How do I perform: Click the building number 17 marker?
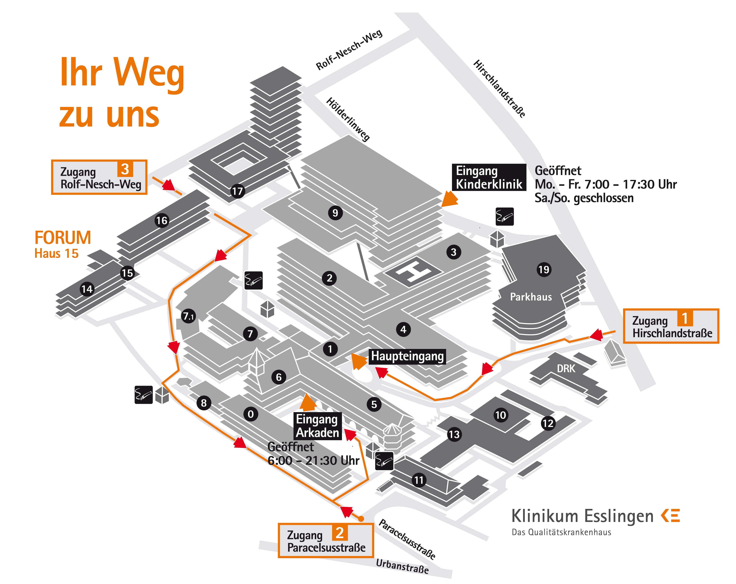237,191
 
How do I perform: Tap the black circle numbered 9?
335,213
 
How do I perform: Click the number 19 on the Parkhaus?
544,270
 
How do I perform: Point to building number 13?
454,434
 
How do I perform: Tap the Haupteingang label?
407,356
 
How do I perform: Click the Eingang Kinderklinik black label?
489,177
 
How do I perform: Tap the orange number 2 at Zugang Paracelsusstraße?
340,533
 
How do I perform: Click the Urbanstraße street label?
402,566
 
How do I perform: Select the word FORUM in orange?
63,238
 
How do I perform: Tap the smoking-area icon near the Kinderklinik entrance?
505,217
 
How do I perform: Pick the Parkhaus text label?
531,297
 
